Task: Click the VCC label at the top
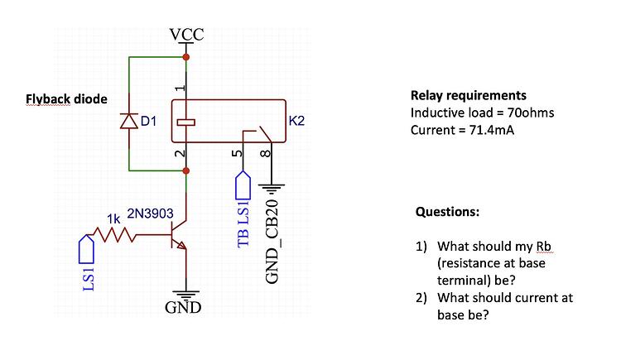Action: point(186,35)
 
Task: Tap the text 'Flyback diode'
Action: point(66,99)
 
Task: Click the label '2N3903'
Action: point(150,214)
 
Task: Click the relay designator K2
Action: point(297,122)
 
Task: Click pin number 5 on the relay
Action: point(237,154)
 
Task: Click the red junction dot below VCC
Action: point(186,57)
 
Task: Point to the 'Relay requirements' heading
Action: point(468,95)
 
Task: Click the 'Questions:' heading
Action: point(446,211)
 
